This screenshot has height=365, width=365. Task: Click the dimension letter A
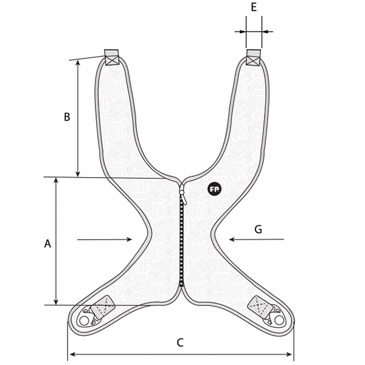[x=47, y=243]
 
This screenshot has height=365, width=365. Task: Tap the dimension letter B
[x=67, y=117]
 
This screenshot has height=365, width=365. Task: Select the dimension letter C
[x=180, y=342]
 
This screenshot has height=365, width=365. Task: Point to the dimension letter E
[x=254, y=7]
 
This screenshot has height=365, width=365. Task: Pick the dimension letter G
[x=258, y=229]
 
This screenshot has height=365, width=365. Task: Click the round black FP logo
[x=214, y=189]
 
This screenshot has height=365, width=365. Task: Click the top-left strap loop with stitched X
[x=111, y=57]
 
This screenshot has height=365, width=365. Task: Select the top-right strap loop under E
[x=253, y=58]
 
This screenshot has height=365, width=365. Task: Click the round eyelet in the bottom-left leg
[x=84, y=321]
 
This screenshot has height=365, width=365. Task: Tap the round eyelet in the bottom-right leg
[x=279, y=320]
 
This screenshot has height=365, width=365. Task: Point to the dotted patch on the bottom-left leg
[x=102, y=307]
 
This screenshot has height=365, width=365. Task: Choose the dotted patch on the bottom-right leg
[x=260, y=307]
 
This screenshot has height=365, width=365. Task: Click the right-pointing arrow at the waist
[x=105, y=239]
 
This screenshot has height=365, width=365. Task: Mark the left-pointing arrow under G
[x=256, y=239]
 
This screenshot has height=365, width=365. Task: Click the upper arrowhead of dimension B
[x=78, y=63]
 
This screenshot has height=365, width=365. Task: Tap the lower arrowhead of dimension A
[x=55, y=302]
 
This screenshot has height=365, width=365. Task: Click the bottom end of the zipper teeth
[x=181, y=286]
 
